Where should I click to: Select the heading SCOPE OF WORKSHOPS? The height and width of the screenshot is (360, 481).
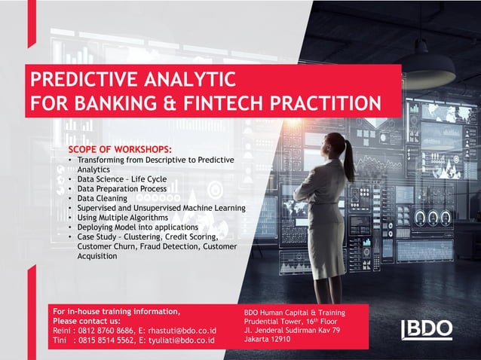(x=120, y=149)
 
